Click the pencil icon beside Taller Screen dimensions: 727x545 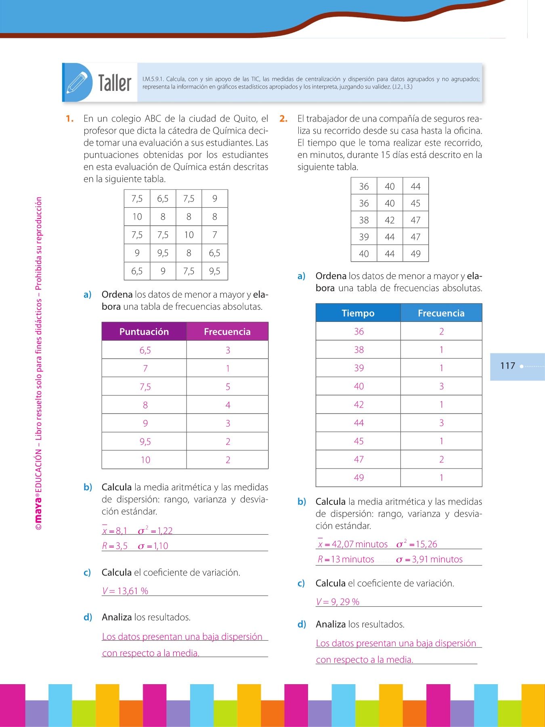77,82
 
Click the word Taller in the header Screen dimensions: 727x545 115,83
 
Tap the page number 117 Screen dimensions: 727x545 507,366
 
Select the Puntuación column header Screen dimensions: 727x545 144,332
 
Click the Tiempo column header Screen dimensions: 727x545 358,313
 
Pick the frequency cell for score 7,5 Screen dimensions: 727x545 228,387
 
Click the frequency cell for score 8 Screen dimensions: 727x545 228,405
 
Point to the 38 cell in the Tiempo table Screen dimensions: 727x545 358,350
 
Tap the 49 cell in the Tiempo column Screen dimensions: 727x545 358,478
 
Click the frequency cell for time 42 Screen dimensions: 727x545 441,405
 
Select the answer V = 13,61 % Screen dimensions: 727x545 125,591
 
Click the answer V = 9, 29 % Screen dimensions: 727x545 337,602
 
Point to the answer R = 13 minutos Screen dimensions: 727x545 346,559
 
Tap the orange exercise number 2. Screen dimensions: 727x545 283,119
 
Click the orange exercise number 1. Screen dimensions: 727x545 69,119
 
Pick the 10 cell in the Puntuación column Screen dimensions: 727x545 145,460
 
